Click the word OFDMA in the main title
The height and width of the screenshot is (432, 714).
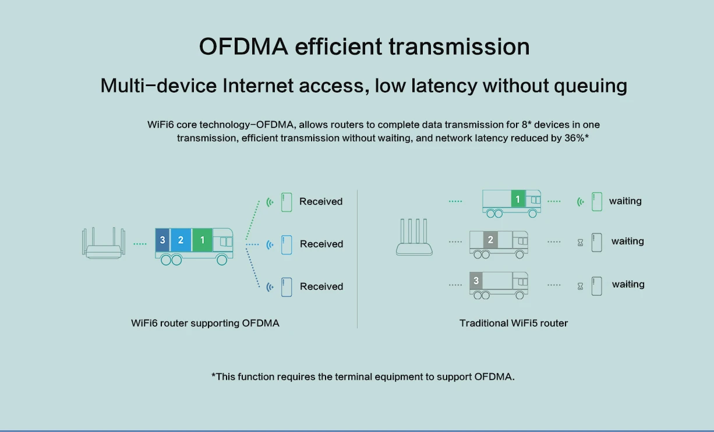coord(243,47)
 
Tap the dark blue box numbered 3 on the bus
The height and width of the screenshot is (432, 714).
coord(162,240)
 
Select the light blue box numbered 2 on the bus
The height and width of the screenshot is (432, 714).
coord(181,240)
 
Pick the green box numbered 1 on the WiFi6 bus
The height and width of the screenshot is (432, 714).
coord(202,240)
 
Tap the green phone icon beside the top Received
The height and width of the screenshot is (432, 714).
coord(286,202)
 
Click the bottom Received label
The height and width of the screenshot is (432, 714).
coord(321,286)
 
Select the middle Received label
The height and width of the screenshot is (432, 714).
coord(321,244)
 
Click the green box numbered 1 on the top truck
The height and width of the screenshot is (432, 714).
coord(517,200)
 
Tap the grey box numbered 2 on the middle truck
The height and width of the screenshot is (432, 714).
coord(490,240)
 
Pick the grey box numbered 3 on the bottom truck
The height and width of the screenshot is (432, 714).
coord(476,281)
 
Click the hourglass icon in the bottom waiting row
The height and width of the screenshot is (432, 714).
coord(580,286)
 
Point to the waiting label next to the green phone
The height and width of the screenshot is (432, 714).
coord(625,201)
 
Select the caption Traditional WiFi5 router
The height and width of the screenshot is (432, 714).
coord(513,323)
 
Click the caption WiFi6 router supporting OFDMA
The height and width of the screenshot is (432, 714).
coord(205,323)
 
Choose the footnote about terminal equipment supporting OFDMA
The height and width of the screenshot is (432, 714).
coord(363,377)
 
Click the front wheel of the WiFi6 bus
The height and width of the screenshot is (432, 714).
coord(222,260)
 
